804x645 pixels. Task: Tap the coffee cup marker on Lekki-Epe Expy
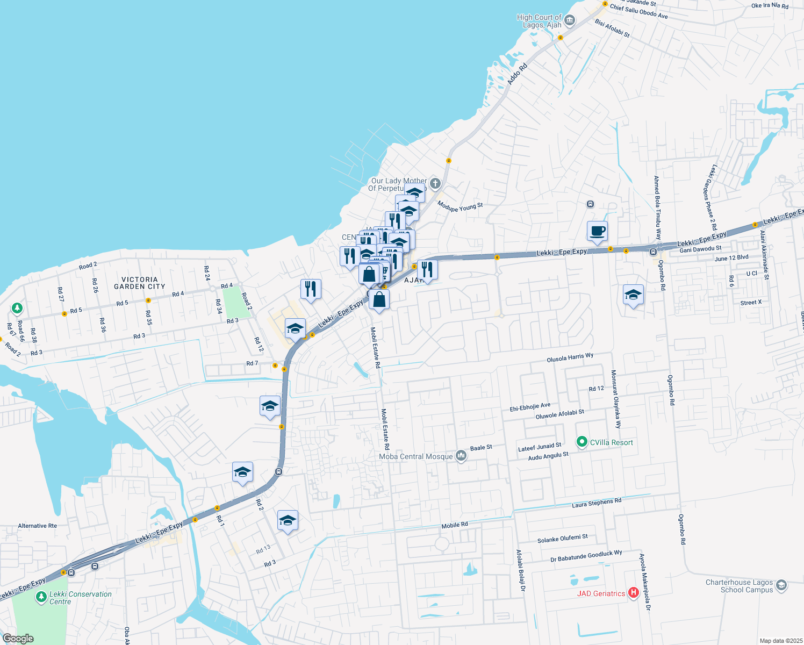point(597,232)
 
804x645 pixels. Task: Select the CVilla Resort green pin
point(582,442)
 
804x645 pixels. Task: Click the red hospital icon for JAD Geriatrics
point(633,593)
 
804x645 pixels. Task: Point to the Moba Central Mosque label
point(416,456)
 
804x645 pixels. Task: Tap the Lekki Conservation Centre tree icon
point(41,597)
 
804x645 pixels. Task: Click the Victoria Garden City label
point(140,283)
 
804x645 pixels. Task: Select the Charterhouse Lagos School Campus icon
point(781,585)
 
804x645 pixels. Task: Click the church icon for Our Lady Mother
point(435,184)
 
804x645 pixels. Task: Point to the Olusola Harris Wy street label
point(570,358)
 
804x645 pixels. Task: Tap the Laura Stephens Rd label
point(597,503)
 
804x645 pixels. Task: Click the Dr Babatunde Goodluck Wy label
point(586,556)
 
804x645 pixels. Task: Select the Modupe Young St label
point(460,206)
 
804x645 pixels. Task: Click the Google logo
point(18,639)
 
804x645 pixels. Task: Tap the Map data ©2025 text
point(780,641)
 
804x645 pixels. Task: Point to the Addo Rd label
point(518,75)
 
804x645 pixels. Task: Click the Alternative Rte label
point(37,526)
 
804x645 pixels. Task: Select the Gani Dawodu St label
point(700,249)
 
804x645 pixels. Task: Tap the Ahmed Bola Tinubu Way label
point(657,207)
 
